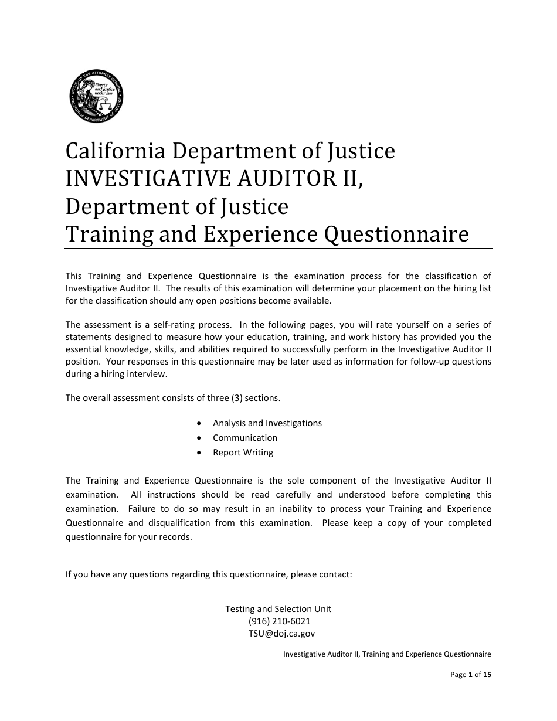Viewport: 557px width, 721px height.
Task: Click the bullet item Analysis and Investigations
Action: pos(267,423)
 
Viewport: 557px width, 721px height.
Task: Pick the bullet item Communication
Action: pos(245,438)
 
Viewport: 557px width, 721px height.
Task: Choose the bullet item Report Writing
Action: pos(243,453)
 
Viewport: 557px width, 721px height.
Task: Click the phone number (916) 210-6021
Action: pos(279,621)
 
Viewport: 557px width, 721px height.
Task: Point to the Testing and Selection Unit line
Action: pos(278,609)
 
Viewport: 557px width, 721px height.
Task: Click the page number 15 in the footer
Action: pos(487,675)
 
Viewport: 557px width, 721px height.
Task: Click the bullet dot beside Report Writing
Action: pos(201,453)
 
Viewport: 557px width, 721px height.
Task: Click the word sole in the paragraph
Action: pos(295,481)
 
